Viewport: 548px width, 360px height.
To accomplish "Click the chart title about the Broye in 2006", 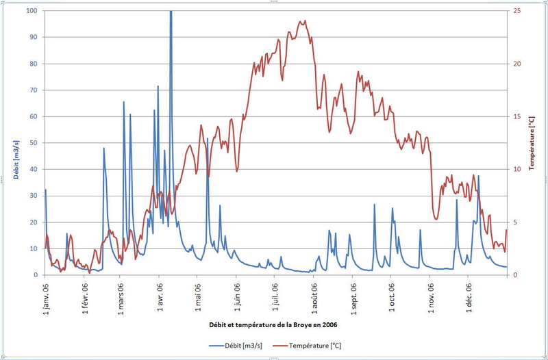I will point(274,324).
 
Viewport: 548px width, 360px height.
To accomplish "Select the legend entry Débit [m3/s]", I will point(241,345).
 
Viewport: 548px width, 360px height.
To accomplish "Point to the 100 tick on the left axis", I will point(32,11).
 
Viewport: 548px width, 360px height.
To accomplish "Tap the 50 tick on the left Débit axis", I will point(34,143).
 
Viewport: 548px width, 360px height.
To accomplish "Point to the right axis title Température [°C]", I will point(532,143).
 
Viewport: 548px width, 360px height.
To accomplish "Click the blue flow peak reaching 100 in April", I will point(171,12).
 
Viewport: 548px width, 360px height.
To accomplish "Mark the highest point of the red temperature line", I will point(305,21).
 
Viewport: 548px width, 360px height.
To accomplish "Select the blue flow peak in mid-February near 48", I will point(104,149).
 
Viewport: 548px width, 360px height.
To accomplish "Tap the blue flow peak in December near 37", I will point(478,177).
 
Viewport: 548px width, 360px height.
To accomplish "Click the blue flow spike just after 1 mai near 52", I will point(208,139).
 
